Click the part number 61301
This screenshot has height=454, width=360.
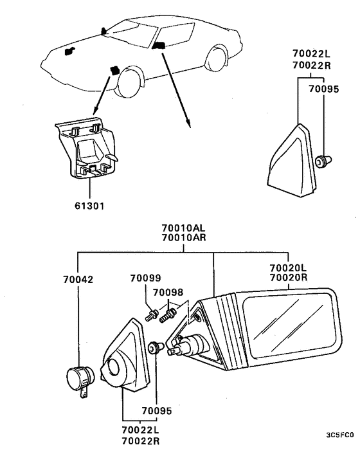(89, 206)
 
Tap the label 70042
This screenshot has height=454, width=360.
(78, 279)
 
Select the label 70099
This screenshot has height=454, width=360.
(145, 278)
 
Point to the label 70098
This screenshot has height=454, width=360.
(168, 292)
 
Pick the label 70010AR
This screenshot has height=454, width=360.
(183, 238)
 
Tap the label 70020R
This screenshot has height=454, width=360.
(289, 277)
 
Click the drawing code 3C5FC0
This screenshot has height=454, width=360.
(339, 435)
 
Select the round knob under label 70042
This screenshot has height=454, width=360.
(80, 379)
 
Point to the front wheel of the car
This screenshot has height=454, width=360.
(128, 82)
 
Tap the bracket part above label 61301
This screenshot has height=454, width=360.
(87, 148)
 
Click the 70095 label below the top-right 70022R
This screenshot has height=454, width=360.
(323, 89)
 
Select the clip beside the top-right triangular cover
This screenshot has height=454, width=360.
(323, 161)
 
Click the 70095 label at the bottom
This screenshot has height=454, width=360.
(157, 410)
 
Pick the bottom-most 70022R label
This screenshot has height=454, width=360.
(141, 441)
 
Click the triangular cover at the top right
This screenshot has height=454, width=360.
(291, 161)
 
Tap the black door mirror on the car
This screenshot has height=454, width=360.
(158, 46)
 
